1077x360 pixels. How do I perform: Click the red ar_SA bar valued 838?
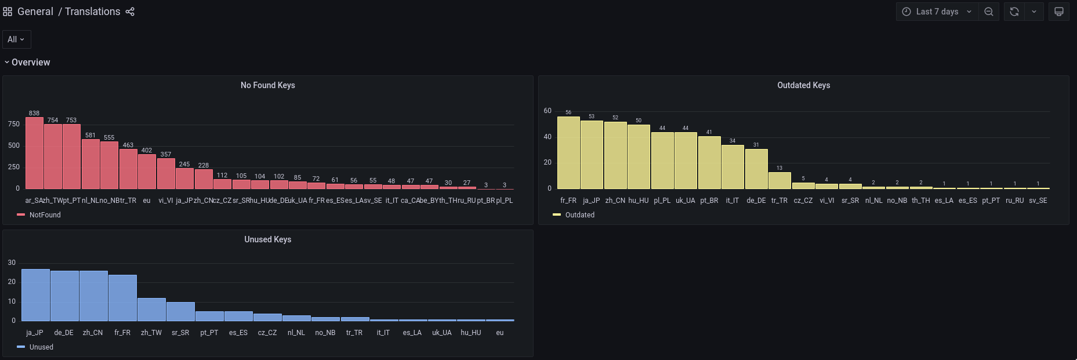(x=34, y=153)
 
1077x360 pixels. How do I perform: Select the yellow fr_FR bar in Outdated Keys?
(x=568, y=153)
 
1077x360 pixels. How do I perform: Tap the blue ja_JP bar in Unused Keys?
(x=35, y=295)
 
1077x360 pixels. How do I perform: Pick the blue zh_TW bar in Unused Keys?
(x=151, y=310)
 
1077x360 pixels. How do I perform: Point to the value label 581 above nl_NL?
(x=90, y=135)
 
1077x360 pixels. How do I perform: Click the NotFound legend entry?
(x=45, y=215)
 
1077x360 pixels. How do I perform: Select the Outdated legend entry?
(x=579, y=215)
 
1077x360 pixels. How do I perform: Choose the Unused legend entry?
(x=41, y=347)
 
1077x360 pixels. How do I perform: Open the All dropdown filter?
(x=16, y=39)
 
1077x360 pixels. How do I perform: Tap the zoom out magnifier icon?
(x=989, y=12)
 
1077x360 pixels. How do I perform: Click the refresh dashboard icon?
(x=1014, y=12)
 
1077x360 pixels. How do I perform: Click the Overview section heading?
(x=31, y=63)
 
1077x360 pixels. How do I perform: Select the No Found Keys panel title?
(x=267, y=85)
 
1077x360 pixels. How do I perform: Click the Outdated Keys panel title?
(x=803, y=85)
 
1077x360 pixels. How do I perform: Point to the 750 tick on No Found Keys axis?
(x=14, y=124)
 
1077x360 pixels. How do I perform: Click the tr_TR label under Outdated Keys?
(x=779, y=201)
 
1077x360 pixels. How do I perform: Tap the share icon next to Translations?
(x=130, y=12)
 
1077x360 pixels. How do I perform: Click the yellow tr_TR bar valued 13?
(x=779, y=180)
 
